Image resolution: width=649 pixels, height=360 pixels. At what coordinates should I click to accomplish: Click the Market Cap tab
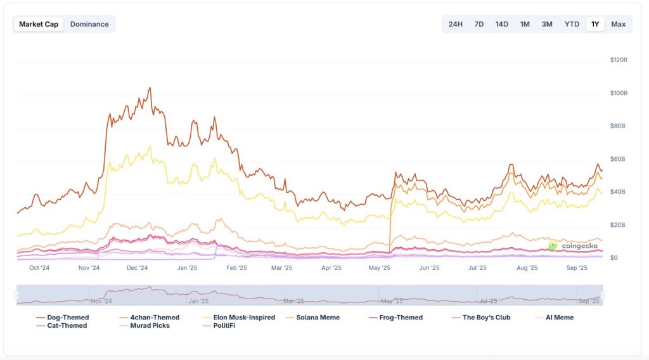[39, 24]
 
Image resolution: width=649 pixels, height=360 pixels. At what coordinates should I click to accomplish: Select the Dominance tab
[89, 24]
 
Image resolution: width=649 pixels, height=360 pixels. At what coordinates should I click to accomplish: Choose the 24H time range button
[455, 24]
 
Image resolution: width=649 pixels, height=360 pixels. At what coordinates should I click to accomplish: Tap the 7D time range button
[479, 24]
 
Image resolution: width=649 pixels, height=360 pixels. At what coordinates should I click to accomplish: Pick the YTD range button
[572, 24]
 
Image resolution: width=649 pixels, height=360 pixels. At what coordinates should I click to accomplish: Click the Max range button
[619, 24]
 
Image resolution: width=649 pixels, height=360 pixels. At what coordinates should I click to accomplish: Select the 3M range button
[547, 24]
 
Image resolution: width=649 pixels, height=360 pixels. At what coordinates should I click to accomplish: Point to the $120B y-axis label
[619, 60]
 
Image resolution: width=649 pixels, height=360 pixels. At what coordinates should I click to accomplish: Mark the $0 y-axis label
[614, 258]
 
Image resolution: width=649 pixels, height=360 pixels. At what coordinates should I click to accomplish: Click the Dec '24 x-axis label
[138, 268]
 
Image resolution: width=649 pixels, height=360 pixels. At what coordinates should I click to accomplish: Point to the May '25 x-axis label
[380, 268]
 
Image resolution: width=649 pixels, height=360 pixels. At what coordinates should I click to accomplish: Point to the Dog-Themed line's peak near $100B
[150, 88]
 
